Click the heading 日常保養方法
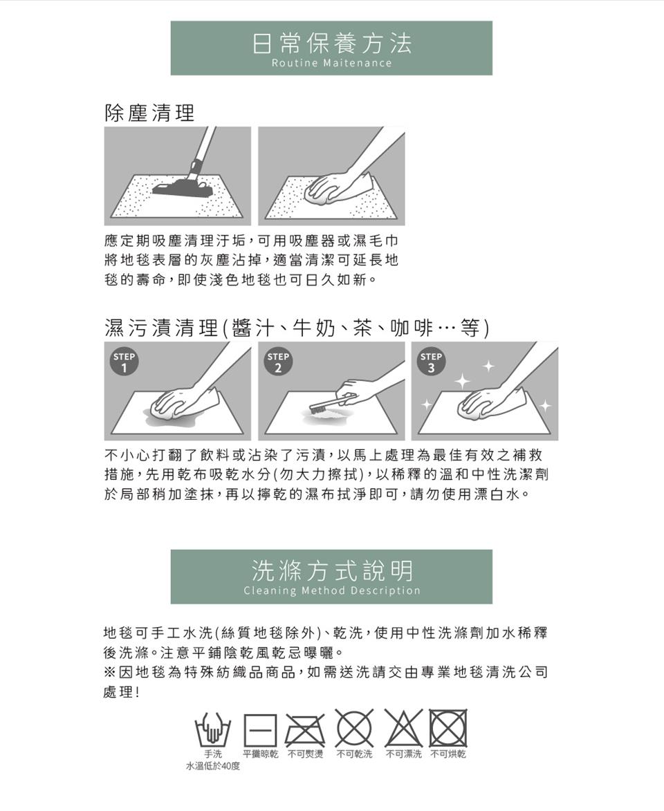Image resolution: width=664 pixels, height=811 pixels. tap(331, 43)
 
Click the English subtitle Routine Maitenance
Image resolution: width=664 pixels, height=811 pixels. tap(331, 64)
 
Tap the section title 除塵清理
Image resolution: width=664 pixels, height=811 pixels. tap(149, 113)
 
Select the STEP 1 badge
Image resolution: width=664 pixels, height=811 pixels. tap(124, 363)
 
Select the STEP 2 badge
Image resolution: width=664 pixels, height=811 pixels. tap(278, 363)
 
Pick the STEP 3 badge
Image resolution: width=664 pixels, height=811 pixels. tap(432, 363)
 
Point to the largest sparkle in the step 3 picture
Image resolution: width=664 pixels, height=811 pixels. tap(461, 380)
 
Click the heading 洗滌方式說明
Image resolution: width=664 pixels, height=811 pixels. tap(331, 571)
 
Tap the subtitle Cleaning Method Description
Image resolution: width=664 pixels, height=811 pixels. tap(331, 591)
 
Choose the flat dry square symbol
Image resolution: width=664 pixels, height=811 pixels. tap(259, 729)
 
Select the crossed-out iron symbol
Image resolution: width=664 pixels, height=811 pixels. tap(305, 729)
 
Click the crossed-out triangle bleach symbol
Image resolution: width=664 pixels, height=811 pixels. tap(403, 729)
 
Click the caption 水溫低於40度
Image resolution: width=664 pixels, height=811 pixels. tap(212, 766)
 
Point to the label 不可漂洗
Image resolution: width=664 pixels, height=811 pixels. tap(403, 754)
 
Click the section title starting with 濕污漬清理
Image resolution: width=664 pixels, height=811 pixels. tap(297, 327)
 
